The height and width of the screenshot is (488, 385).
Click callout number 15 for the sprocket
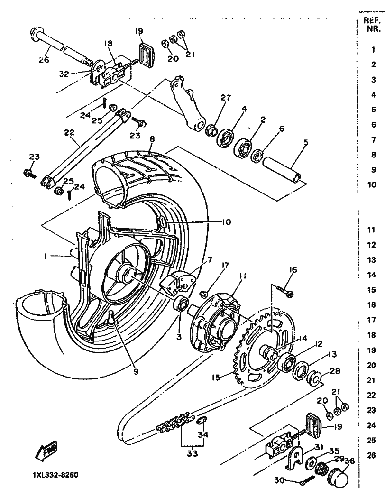coord(215,378)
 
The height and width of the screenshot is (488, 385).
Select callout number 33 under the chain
coord(192,453)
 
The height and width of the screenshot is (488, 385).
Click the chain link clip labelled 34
coord(201,420)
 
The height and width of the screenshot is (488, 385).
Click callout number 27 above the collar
coord(226,98)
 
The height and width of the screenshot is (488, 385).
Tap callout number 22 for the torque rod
coord(68,133)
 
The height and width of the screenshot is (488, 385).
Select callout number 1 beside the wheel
coord(46,256)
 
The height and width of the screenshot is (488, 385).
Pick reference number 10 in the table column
coord(372,185)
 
